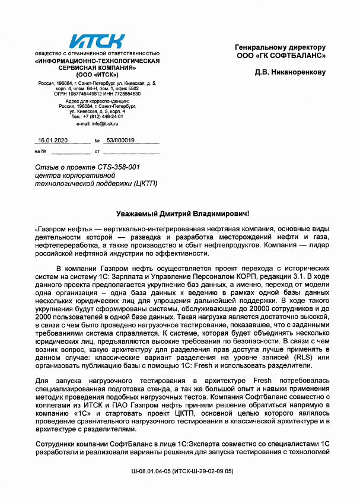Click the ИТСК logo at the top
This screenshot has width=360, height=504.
point(97,42)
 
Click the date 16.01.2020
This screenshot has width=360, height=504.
point(53,141)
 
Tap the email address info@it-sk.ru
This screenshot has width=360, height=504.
point(97,123)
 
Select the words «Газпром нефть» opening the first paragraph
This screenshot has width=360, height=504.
point(57,228)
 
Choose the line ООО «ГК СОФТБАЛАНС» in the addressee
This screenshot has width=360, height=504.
point(281,56)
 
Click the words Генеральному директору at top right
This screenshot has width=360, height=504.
point(281,47)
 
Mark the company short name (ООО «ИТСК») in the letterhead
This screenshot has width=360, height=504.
point(97,75)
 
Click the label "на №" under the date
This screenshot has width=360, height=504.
point(40,151)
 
